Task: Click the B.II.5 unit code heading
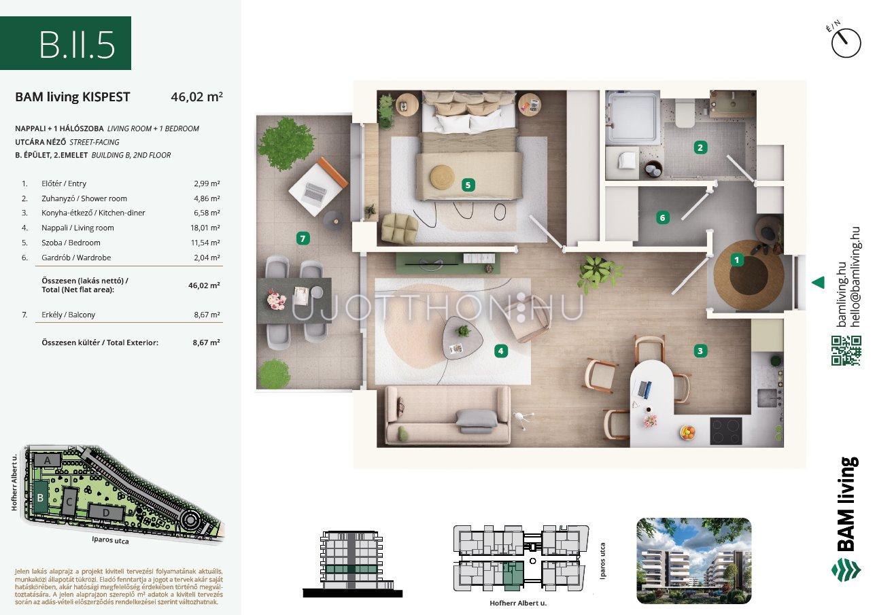tap(77, 45)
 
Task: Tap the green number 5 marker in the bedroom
tap(468, 185)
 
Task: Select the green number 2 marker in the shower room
tap(700, 147)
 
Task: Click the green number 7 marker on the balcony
tap(303, 239)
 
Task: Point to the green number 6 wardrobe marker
tap(662, 217)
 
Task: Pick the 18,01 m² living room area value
tap(205, 228)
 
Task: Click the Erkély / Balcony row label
tap(69, 315)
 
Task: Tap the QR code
tap(846, 351)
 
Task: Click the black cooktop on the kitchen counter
tap(726, 431)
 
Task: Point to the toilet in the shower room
tap(685, 113)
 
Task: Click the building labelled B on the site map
tap(40, 497)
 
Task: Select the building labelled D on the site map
tap(106, 512)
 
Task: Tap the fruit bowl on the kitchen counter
tap(687, 432)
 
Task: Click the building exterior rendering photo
tap(693, 561)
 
